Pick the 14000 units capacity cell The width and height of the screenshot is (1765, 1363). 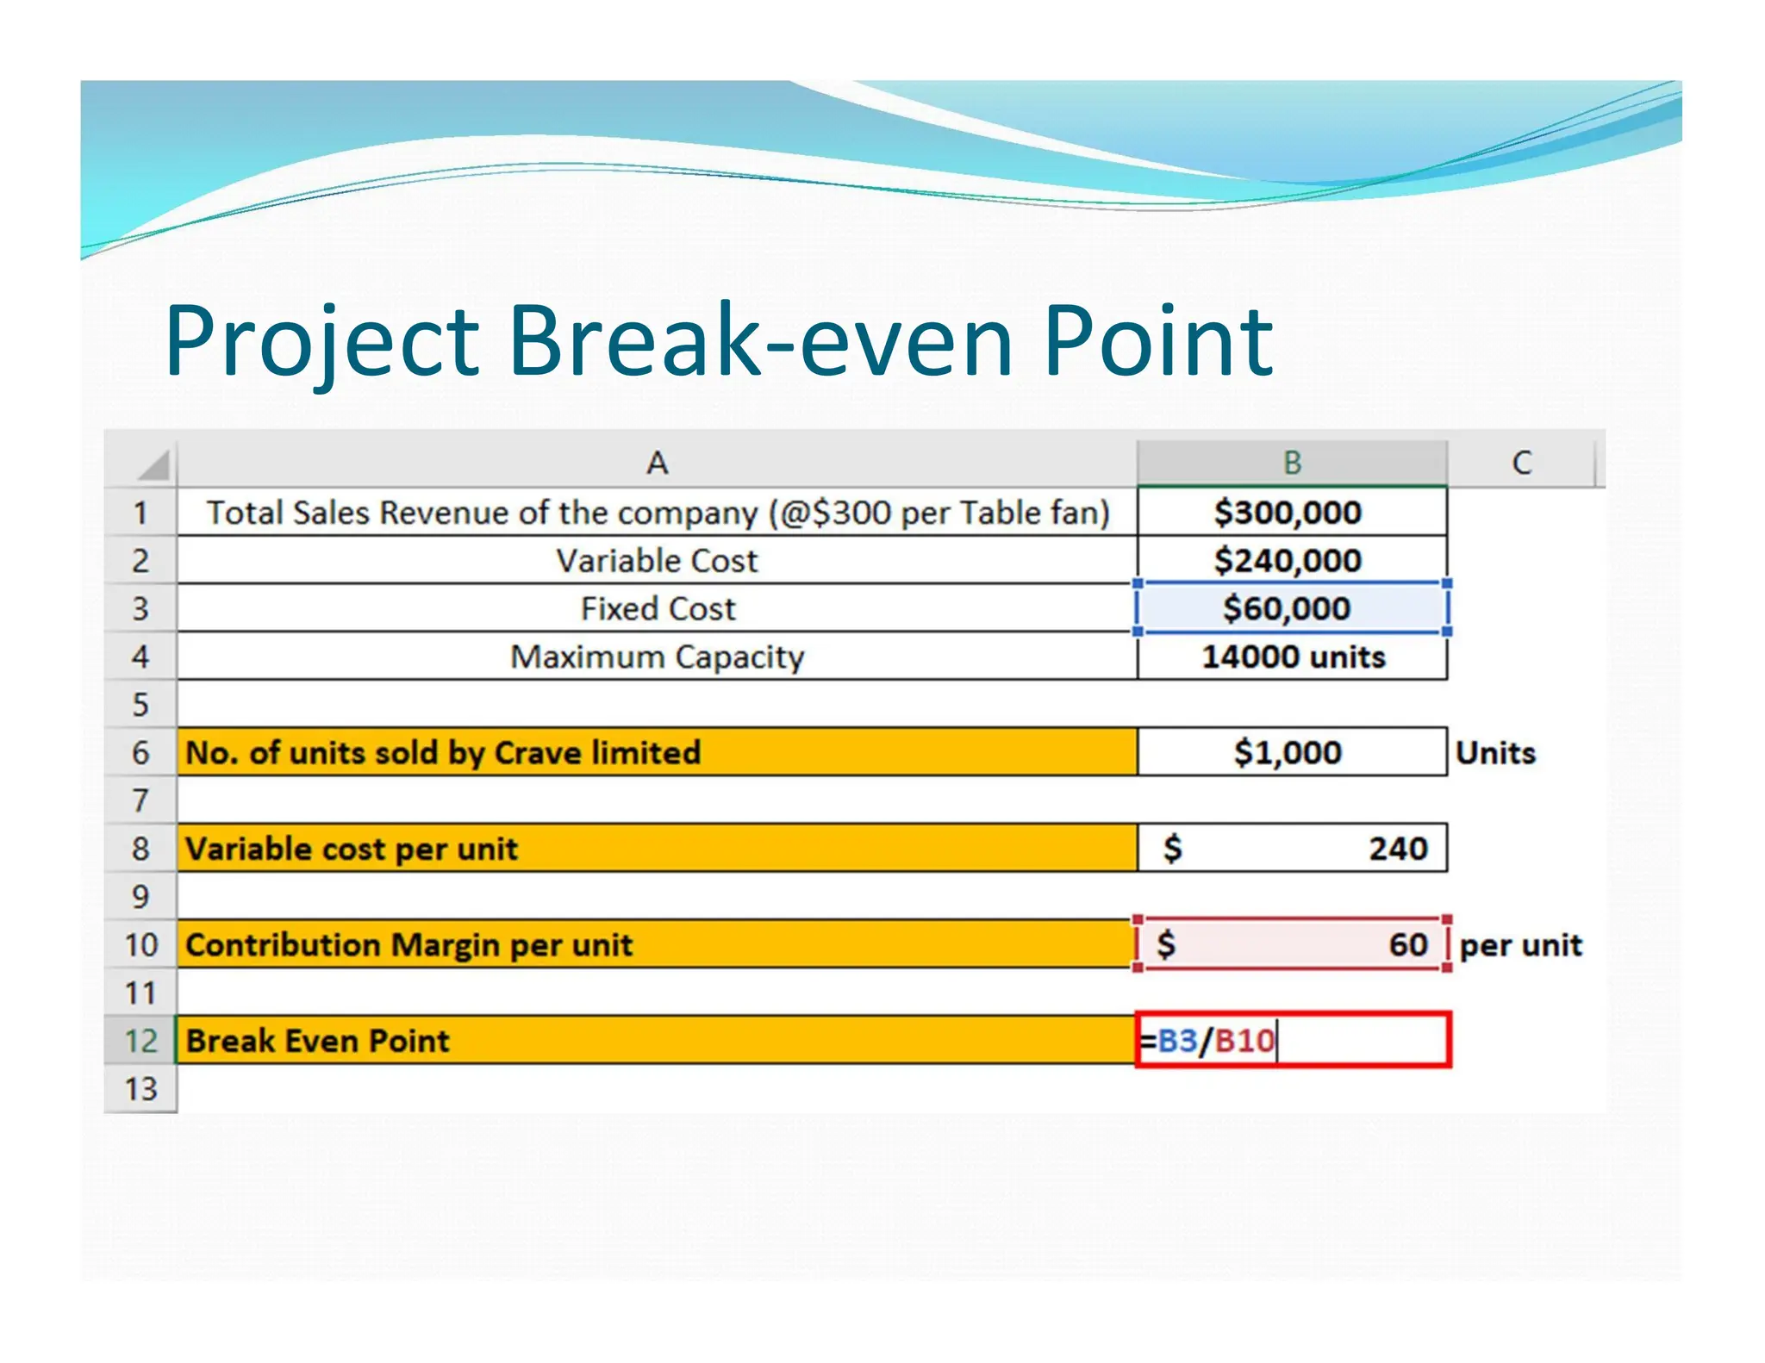tap(1293, 657)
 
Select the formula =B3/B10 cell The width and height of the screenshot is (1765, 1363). tap(1293, 1041)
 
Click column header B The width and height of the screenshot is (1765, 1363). tap(1292, 463)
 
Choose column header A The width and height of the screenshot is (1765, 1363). tap(657, 463)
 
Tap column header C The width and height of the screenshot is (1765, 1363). tap(1522, 463)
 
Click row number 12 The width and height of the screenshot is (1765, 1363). tap(140, 1041)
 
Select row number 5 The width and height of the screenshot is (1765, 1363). tap(140, 705)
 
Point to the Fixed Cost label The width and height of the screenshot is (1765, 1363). tap(658, 608)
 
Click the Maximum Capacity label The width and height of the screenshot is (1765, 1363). tap(657, 657)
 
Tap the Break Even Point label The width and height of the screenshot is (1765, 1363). tap(318, 1041)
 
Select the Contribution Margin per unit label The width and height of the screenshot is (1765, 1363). tap(409, 945)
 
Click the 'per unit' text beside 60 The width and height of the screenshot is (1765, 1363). tap(1521, 945)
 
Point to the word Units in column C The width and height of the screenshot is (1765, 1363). tap(1495, 753)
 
